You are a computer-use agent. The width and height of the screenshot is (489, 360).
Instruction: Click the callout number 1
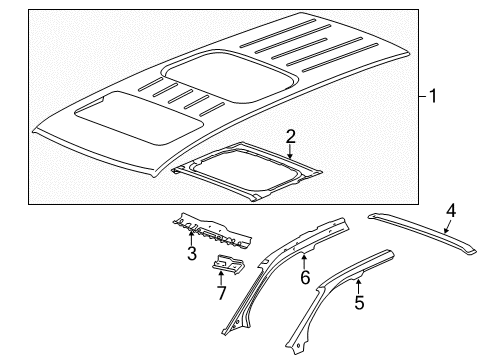pos(433,98)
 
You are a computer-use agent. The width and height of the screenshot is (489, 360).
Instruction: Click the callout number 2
pos(289,135)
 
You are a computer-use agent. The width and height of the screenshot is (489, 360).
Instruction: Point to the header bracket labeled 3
pos(210,233)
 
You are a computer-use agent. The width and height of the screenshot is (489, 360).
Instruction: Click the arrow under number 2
pos(289,152)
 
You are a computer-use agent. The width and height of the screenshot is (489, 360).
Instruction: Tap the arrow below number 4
pos(450,226)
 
